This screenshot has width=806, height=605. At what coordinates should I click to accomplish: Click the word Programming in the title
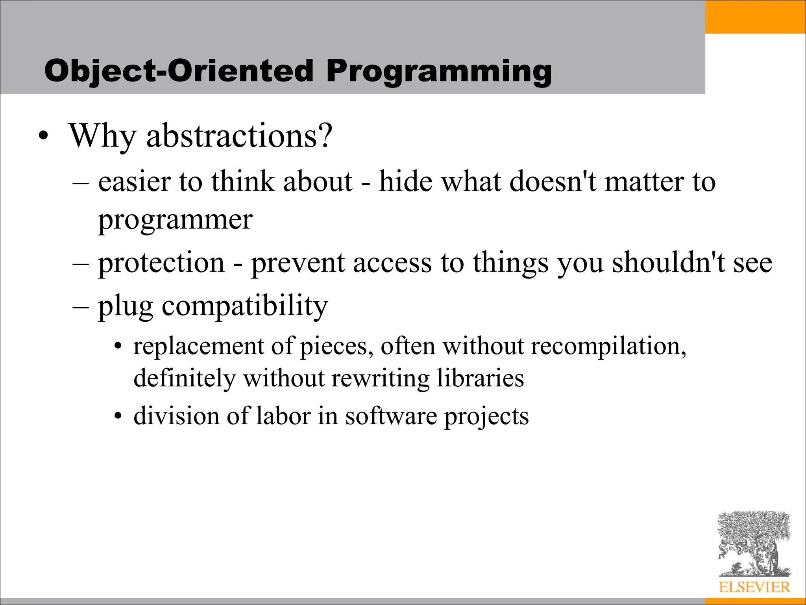(438, 72)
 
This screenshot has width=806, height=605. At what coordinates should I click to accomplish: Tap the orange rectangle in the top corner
(755, 17)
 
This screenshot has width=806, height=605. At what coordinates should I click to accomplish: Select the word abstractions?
(239, 136)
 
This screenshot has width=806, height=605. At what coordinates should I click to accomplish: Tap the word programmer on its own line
(175, 221)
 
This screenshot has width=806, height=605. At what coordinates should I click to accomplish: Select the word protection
(161, 263)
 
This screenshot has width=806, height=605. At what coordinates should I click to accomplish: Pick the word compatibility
(245, 306)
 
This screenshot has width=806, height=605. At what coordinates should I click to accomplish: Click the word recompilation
(608, 347)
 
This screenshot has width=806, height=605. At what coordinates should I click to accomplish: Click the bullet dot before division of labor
(118, 417)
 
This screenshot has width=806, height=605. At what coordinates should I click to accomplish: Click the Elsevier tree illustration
(754, 544)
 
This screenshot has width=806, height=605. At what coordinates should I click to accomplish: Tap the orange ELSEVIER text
(754, 587)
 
